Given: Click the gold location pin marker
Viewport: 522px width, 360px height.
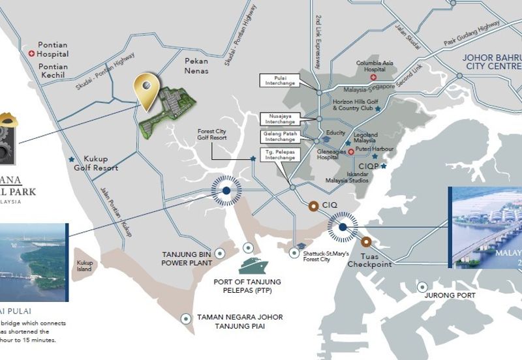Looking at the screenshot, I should coord(147,89).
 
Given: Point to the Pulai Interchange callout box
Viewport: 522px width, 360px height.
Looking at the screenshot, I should coord(279,80).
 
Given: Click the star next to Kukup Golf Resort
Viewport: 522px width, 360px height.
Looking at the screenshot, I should coord(71,159).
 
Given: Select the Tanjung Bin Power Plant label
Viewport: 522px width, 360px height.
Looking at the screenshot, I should coord(187,258).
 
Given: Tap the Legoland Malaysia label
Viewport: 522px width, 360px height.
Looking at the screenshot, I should coord(365,138).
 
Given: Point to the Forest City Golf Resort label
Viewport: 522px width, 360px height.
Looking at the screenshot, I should coord(213,134).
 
